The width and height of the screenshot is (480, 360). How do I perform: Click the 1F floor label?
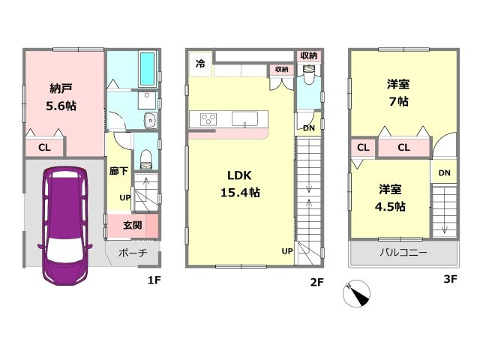tap(154, 282)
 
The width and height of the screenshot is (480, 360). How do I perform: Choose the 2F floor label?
tap(316, 282)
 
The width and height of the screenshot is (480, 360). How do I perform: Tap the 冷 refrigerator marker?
tap(200, 63)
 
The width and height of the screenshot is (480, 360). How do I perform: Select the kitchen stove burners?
tap(207, 118)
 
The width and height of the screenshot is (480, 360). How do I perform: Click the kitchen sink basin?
tap(244, 118)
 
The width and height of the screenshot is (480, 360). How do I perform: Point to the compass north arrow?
tap(358, 295)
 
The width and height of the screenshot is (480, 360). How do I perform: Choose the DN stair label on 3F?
tap(444, 173)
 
